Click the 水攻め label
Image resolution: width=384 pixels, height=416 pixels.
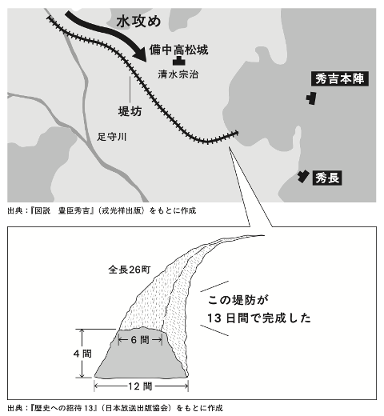pyautogui.click(x=138, y=22)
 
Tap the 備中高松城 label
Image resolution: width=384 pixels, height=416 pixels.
pyautogui.click(x=178, y=50)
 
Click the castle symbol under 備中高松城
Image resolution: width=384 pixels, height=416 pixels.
pyautogui.click(x=179, y=61)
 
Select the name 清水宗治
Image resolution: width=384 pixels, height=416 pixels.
pyautogui.click(x=178, y=74)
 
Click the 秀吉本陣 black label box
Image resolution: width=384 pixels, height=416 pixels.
pyautogui.click(x=340, y=79)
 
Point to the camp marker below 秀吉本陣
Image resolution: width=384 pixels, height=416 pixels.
pyautogui.click(x=311, y=98)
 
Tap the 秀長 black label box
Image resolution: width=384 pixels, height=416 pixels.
pyautogui.click(x=327, y=178)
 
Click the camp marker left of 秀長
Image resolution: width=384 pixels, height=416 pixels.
pyautogui.click(x=303, y=176)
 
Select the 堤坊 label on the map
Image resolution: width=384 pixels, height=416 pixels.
pyautogui.click(x=130, y=111)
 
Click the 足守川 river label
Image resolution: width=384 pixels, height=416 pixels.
pyautogui.click(x=111, y=137)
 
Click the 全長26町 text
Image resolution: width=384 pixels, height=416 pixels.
pyautogui.click(x=130, y=270)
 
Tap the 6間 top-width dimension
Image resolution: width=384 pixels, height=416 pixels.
pyautogui.click(x=140, y=340)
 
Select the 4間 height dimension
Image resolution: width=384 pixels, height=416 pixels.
pyautogui.click(x=82, y=354)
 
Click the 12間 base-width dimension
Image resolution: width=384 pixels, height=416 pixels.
pyautogui.click(x=141, y=386)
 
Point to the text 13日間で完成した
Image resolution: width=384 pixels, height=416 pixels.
pyautogui.click(x=259, y=318)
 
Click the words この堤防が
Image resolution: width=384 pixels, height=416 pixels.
pyautogui.click(x=238, y=300)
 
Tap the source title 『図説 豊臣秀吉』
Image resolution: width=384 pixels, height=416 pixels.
pyautogui.click(x=62, y=210)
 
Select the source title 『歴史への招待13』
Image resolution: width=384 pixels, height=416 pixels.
pyautogui.click(x=64, y=408)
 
